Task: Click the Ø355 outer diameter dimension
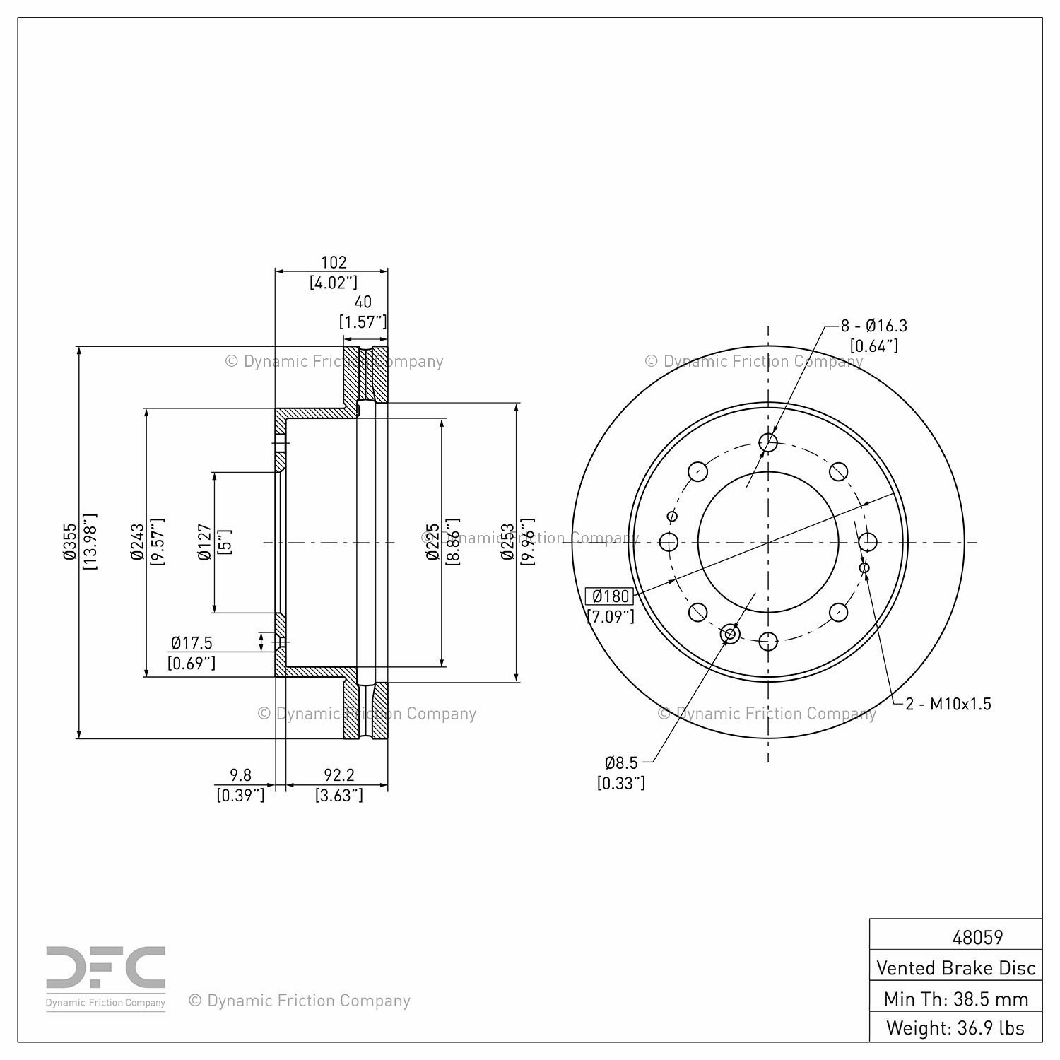pos(69,542)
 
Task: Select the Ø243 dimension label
pos(137,542)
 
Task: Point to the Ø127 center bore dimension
pos(205,542)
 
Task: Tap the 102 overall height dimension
pos(334,262)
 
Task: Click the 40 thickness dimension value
pos(363,302)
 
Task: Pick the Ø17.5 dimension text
pos(192,643)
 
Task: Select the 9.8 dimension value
pos(241,776)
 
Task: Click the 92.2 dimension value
pos(339,776)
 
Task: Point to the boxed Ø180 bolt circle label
pos(608,596)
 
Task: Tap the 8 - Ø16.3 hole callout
pos(873,326)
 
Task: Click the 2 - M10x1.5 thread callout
pos(948,704)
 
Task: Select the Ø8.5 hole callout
pos(621,762)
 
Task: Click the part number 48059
pos(977,937)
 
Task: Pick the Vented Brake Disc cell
pos(956,967)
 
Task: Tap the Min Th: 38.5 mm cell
pos(956,998)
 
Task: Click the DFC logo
pos(106,978)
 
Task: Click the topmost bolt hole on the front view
pos(768,442)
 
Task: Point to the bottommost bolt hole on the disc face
pos(768,642)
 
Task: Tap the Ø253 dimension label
pos(507,542)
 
